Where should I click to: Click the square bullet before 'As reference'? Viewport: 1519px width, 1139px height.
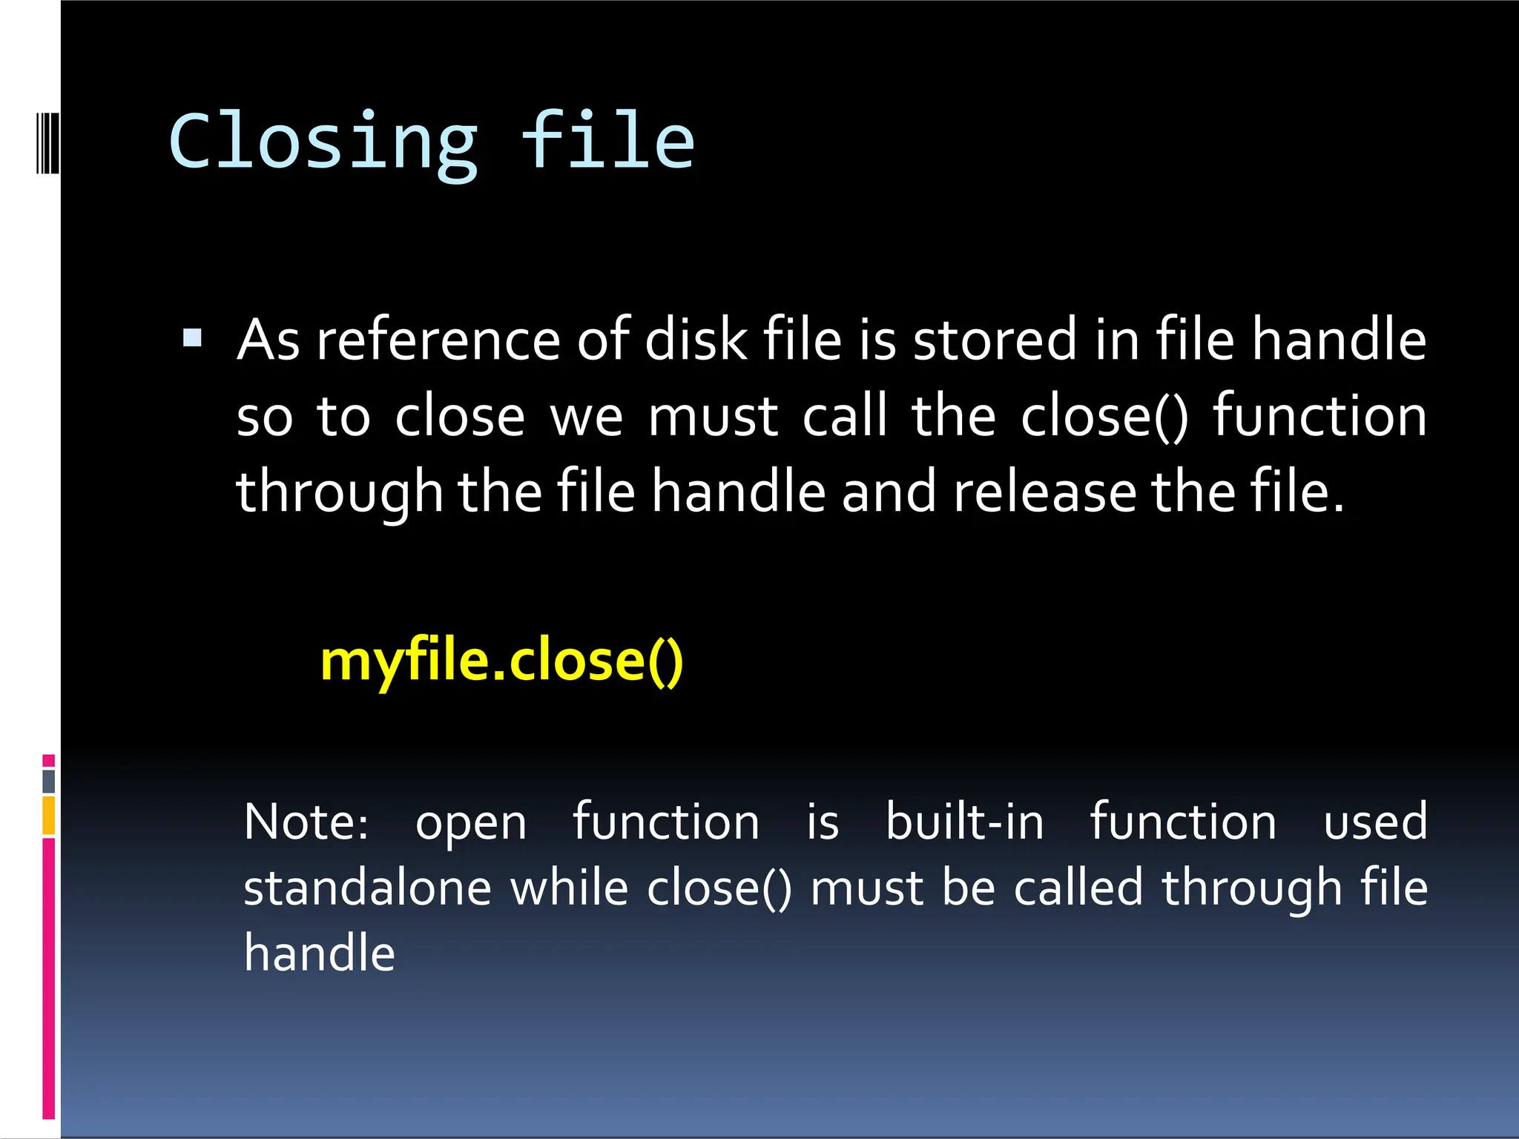[x=192, y=339]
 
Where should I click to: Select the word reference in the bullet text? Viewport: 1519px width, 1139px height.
[x=438, y=340]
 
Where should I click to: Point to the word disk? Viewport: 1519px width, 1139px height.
[x=696, y=340]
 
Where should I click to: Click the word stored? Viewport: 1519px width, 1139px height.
[x=994, y=340]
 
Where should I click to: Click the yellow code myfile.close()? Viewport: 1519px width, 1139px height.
[x=501, y=661]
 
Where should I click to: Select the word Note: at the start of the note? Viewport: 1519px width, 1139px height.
[x=306, y=822]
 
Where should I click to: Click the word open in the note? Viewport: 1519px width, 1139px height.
[x=471, y=822]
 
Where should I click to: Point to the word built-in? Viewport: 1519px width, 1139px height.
[x=965, y=822]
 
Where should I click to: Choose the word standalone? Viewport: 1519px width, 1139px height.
[x=367, y=888]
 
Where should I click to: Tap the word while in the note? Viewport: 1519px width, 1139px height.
[x=570, y=888]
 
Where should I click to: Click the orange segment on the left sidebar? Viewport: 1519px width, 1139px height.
[x=49, y=816]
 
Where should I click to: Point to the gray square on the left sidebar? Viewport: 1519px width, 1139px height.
[x=49, y=781]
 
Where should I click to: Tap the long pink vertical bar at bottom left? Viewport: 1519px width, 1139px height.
[x=49, y=979]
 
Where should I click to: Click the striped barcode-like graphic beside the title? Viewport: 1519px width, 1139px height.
[x=47, y=142]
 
